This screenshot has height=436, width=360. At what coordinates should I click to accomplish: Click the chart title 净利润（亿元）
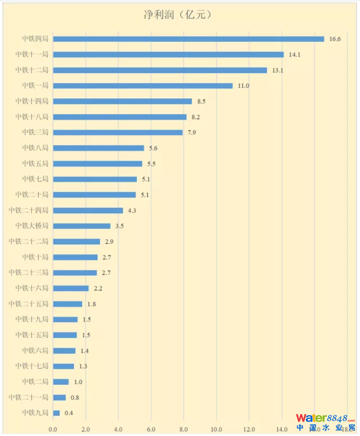click(179, 14)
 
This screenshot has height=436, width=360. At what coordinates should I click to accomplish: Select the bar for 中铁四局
click(188, 39)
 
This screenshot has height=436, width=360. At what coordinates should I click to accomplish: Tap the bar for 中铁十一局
click(168, 54)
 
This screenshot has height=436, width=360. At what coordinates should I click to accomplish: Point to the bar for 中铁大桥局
click(82, 226)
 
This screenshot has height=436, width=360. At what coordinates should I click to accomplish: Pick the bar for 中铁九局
click(56, 413)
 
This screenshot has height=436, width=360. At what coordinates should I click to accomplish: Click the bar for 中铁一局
click(143, 86)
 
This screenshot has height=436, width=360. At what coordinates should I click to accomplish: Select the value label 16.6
click(335, 39)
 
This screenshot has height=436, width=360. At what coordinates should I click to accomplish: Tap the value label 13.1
click(278, 70)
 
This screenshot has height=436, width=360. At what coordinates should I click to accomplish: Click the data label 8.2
click(196, 117)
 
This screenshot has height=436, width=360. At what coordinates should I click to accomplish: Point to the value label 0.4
click(69, 413)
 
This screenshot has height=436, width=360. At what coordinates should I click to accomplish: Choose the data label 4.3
click(132, 211)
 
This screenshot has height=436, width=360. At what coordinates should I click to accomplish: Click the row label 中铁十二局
click(32, 70)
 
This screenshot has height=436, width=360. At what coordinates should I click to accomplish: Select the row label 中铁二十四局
click(28, 210)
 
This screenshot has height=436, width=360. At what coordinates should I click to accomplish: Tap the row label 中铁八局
click(35, 148)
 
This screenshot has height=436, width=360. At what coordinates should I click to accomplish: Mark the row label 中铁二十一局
click(28, 398)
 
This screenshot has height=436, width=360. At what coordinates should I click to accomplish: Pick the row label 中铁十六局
click(32, 288)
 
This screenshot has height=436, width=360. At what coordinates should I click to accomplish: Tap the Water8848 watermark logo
click(325, 422)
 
